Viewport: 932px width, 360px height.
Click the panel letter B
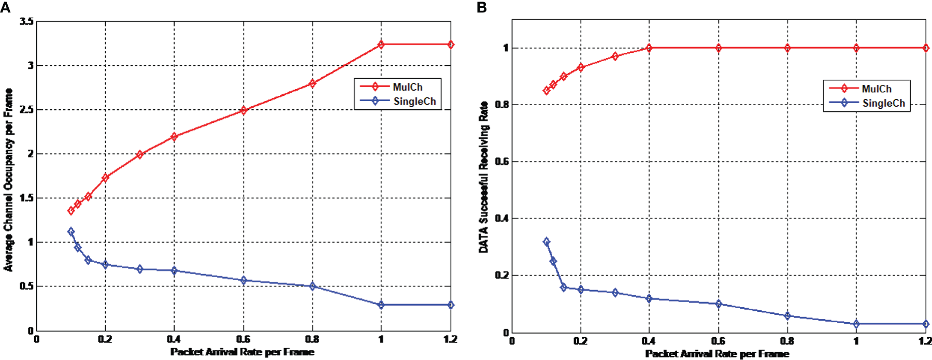coord(482,8)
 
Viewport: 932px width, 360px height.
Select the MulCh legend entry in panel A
coord(407,87)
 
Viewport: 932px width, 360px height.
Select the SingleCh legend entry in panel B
coord(883,103)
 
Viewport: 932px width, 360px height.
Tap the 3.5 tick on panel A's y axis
coord(27,22)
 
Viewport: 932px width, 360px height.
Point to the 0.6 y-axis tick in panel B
coord(502,162)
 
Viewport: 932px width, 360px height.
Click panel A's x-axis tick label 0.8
coord(312,339)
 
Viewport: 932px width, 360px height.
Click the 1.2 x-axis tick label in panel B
coord(925,341)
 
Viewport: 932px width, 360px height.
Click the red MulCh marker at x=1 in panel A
coord(381,45)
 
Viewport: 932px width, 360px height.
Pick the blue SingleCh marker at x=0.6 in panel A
coord(243,280)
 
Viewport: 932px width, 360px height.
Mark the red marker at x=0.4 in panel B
coord(649,48)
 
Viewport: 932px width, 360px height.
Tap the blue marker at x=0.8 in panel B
coord(787,315)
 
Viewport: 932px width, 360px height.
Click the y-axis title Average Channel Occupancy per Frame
coord(8,179)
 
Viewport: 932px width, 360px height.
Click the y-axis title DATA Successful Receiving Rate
coord(483,177)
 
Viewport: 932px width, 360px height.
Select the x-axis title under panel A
coord(242,352)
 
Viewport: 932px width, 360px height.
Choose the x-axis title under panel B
coord(717,354)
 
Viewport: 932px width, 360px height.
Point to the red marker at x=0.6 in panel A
coord(243,110)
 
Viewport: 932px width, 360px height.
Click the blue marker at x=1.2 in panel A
coord(450,305)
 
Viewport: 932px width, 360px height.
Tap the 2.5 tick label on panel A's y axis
coord(27,110)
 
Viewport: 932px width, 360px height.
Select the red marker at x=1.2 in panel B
coord(925,48)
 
